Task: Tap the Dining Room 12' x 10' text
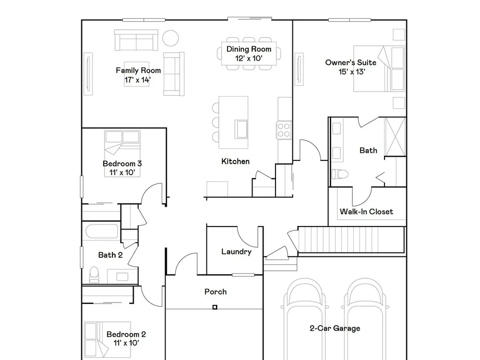[x=249, y=54]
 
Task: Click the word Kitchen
[x=235, y=161]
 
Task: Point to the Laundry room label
[x=236, y=252]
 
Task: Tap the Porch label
[x=216, y=292]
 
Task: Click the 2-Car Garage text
[x=335, y=328]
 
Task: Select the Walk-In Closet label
[x=366, y=212]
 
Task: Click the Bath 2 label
[x=110, y=255]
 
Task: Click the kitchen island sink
[x=241, y=129]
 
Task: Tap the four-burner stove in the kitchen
[x=284, y=130]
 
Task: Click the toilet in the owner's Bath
[x=340, y=174]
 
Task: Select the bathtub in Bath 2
[x=102, y=232]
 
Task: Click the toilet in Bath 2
[x=94, y=275]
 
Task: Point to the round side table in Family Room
[x=170, y=38]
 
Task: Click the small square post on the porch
[x=215, y=307]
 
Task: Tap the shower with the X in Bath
[x=395, y=136]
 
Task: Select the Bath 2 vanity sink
[x=122, y=276]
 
